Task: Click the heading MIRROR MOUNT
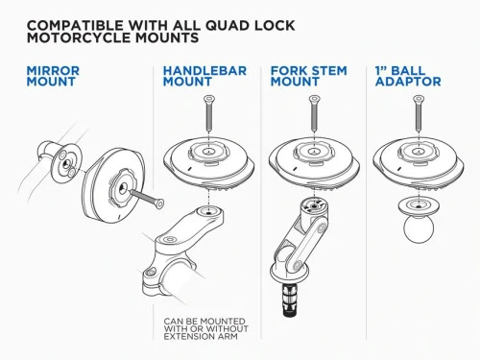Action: pos(53,77)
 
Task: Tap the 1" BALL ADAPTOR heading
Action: pos(408,77)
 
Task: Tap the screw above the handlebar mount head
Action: pos(208,115)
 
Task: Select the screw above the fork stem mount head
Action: pos(309,115)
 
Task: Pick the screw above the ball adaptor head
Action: pos(416,115)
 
